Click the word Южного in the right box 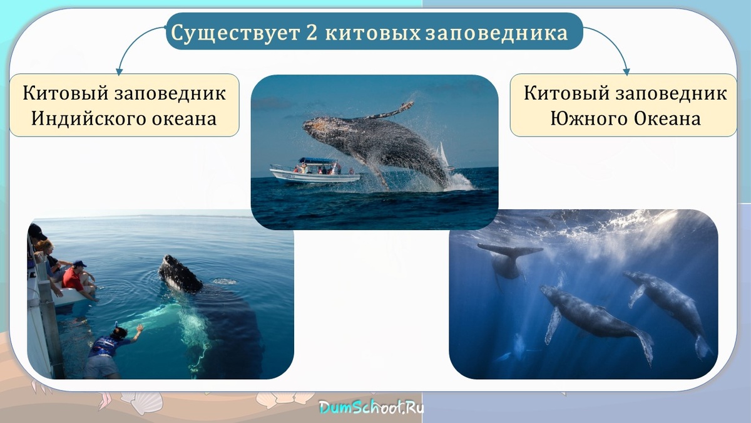pyautogui.click(x=588, y=118)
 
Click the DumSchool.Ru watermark pyautogui.click(x=372, y=407)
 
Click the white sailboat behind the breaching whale pyautogui.click(x=443, y=155)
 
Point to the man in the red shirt pyautogui.click(x=76, y=277)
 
